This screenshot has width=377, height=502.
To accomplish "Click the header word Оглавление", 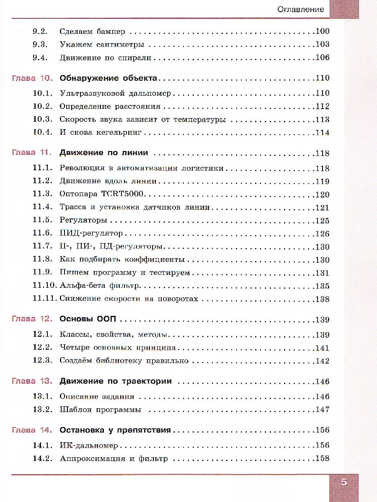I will (x=301, y=9).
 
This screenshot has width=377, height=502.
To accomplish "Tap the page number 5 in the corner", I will (x=344, y=482).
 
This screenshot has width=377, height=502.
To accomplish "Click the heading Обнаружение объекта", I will (x=108, y=78).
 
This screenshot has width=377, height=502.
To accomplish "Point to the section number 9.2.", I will (x=41, y=31).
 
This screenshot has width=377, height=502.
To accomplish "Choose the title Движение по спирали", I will (x=105, y=58).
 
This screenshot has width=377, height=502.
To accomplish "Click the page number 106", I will (x=322, y=58).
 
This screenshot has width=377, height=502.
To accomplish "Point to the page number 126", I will (x=322, y=233).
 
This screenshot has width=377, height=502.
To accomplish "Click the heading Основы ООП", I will (x=88, y=320).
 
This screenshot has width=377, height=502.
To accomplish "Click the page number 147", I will (x=322, y=410).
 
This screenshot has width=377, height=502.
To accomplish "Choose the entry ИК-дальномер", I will (x=89, y=446).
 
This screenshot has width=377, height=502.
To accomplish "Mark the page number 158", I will (x=322, y=458).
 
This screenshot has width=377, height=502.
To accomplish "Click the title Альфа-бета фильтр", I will (x=99, y=286).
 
